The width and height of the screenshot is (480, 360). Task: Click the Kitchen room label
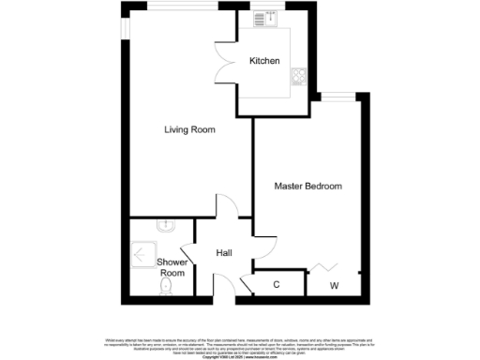(x=264, y=61)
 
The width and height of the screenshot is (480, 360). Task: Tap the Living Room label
(x=191, y=130)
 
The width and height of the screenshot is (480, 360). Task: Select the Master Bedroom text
(x=307, y=186)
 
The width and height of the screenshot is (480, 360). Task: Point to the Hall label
(x=224, y=253)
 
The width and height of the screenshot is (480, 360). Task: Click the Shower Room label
(x=172, y=267)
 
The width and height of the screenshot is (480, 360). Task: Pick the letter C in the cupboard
(x=277, y=284)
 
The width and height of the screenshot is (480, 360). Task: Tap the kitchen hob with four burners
(x=300, y=75)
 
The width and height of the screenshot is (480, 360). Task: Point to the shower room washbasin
(x=165, y=225)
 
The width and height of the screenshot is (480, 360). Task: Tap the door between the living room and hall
(x=226, y=205)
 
